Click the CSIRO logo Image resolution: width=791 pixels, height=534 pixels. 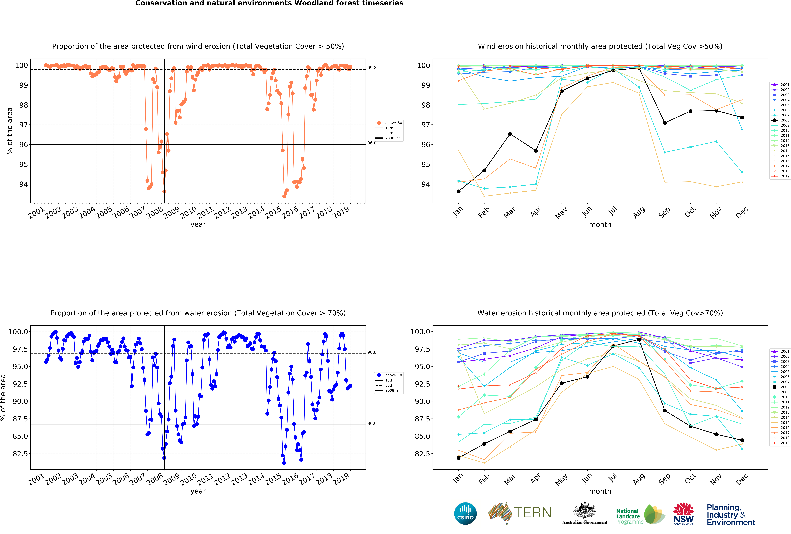[465, 513]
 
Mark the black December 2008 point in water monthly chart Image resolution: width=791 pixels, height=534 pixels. [742, 440]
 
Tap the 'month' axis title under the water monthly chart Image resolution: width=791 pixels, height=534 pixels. [600, 491]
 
